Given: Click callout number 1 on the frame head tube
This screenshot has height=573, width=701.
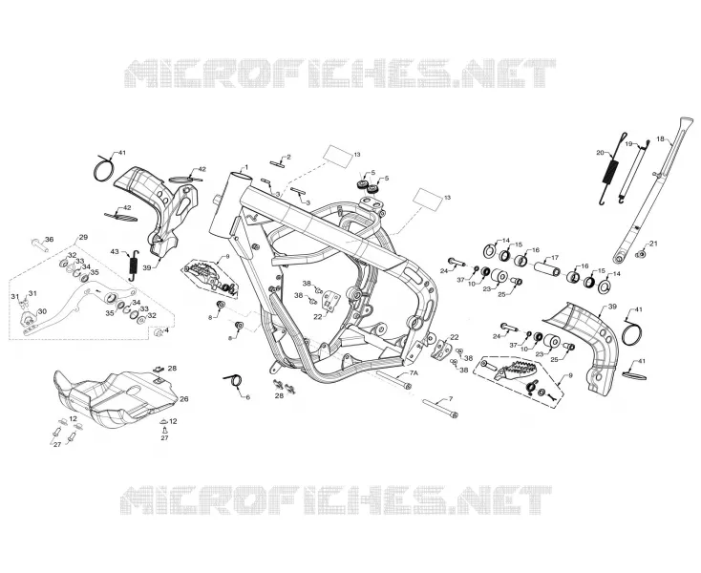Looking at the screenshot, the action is click(x=245, y=167).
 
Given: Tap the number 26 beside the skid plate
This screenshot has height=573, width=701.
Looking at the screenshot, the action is click(x=183, y=398).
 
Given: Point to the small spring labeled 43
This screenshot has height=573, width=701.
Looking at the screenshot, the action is click(x=133, y=265).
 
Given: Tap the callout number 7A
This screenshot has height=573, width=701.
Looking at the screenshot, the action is click(x=414, y=372).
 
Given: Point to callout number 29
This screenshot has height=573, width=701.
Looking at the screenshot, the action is click(x=83, y=237).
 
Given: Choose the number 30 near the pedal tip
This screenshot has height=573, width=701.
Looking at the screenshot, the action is click(x=42, y=311).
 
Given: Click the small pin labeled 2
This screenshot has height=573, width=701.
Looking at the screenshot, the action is click(x=277, y=162).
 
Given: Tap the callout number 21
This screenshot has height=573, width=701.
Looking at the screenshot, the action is click(x=653, y=244).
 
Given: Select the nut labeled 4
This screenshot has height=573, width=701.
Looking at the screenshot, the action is click(x=158, y=333).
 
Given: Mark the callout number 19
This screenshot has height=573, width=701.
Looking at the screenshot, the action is click(x=628, y=144).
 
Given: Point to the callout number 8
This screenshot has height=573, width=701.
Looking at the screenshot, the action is click(x=210, y=317).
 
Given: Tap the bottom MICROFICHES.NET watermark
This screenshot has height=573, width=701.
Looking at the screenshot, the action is click(x=336, y=499).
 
